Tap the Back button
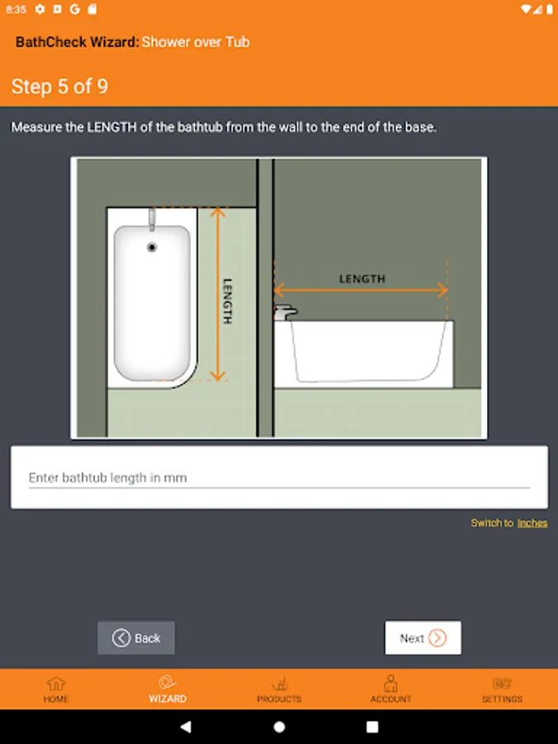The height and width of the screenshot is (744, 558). tap(136, 637)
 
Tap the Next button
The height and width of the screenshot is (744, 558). tap(422, 637)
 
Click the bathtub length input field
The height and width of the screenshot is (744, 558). tap(279, 477)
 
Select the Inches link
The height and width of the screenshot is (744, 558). tap(532, 523)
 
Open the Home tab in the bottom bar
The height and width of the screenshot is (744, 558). tap(56, 689)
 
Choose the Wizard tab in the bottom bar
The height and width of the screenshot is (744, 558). tap(168, 689)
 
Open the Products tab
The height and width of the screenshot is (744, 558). tap(279, 689)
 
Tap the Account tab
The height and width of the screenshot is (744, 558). tap(390, 689)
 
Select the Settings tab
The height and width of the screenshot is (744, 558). tap(502, 689)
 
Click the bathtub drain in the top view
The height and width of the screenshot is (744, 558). tap(152, 247)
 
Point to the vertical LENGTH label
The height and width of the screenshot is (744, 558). tap(227, 301)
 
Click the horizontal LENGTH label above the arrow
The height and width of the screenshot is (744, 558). tap(362, 279)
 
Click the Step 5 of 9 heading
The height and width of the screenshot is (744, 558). tap(60, 86)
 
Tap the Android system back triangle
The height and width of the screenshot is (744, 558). tap(186, 727)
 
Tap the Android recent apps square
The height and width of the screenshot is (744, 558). tap(373, 727)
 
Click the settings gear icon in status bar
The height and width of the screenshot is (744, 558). tap(40, 9)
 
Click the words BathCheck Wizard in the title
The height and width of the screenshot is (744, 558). tap(78, 42)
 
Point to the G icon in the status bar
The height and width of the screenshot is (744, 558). tap(75, 9)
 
